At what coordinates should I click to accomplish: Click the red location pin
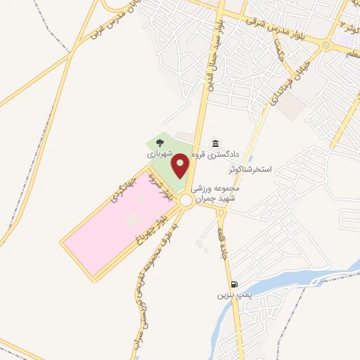pyautogui.click(x=181, y=166)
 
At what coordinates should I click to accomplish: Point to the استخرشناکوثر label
pyautogui.click(x=253, y=171)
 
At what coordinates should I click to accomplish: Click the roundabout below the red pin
pyautogui.click(x=186, y=201)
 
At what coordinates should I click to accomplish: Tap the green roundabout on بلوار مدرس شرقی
pyautogui.click(x=325, y=45)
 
